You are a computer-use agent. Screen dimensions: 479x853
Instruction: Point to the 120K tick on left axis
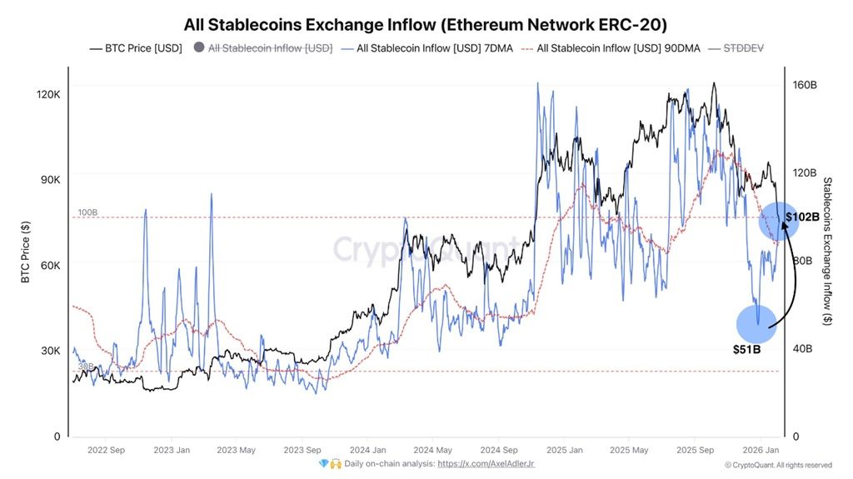tap(47, 95)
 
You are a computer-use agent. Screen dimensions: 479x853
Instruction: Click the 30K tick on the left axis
tap(50, 351)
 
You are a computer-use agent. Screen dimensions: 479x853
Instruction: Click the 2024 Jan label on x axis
tap(367, 450)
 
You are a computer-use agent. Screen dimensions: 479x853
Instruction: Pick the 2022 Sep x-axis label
tap(105, 450)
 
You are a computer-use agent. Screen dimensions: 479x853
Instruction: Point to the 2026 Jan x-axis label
tap(760, 450)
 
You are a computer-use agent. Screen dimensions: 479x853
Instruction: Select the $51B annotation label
tap(747, 349)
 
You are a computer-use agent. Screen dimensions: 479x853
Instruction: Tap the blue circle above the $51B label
tap(756, 324)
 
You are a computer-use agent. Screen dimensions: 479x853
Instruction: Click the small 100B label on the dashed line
tap(88, 213)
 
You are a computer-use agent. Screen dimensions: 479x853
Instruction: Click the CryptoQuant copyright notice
tap(777, 465)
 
